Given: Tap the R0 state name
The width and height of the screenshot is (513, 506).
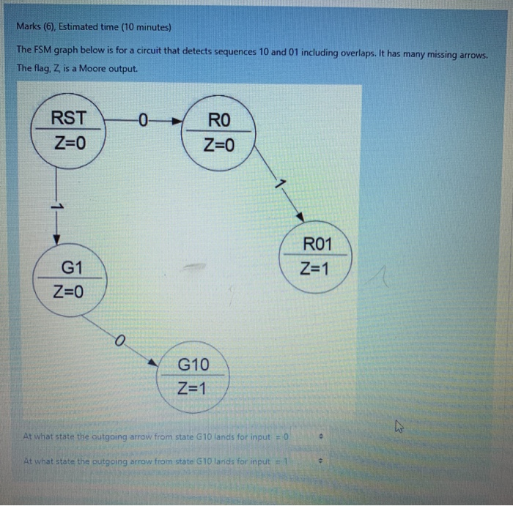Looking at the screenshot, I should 220,120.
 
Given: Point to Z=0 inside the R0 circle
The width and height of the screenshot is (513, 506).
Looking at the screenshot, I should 220,145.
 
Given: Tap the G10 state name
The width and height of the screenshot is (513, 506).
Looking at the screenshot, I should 193,364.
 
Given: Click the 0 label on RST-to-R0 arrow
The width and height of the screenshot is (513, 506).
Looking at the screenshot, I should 143,118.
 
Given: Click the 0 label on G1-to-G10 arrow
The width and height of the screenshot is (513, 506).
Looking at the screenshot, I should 119,339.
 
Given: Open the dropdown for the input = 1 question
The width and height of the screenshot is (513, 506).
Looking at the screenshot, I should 320,462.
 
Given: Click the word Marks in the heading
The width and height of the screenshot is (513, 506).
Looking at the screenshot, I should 29,28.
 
